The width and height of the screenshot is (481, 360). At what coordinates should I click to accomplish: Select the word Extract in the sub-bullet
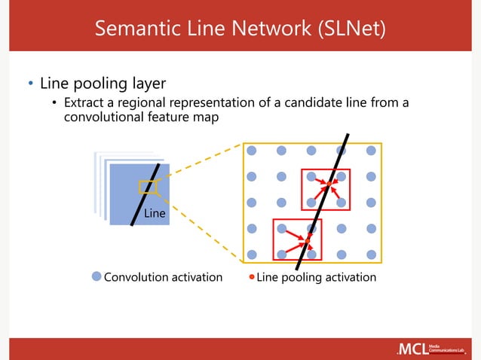coord(85,102)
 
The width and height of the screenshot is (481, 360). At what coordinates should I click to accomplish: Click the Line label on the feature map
coord(155,214)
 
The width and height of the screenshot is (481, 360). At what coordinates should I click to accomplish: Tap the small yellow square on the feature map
coord(146,188)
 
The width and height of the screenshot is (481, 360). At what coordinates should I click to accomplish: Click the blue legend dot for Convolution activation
coord(96,276)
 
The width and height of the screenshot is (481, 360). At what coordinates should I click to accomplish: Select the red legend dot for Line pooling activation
coord(252,276)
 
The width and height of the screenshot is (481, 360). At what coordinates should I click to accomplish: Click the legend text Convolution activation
coord(163,277)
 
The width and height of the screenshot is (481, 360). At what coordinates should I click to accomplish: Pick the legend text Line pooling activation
coord(316,277)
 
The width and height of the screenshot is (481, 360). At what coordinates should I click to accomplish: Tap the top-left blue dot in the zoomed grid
coord(251,150)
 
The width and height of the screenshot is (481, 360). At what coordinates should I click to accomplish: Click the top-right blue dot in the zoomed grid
coord(370,150)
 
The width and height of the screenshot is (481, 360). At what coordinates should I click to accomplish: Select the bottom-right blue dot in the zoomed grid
coord(370,254)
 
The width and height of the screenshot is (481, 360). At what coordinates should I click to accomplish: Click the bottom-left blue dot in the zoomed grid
coord(251,254)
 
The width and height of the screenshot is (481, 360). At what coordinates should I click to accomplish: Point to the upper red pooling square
coord(325,189)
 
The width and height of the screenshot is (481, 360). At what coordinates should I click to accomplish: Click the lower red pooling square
coord(296,240)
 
